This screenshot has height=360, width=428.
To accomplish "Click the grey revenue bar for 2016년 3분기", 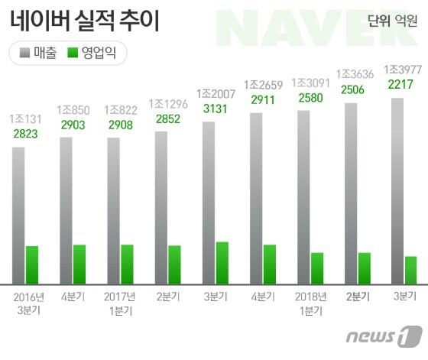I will coord(18,214).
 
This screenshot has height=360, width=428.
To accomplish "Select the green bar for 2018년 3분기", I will coord(411,269).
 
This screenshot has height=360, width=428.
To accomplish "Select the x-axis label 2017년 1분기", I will coord(120,303).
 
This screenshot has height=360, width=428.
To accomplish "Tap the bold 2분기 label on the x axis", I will coord(358,297).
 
